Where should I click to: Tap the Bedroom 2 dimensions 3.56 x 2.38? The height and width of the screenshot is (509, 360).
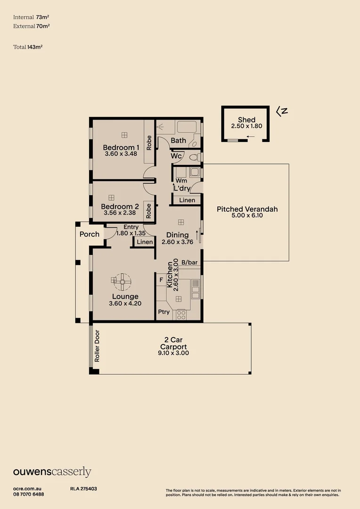[120, 213]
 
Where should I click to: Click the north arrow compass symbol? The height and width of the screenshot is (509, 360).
[282, 111]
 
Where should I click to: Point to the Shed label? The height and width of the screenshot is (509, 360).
[246, 120]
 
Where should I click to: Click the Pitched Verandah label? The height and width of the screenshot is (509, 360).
[247, 209]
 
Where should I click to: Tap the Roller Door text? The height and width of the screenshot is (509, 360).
[97, 349]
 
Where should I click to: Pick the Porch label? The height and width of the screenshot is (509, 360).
[90, 234]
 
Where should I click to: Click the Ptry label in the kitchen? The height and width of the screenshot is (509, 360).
[164, 312]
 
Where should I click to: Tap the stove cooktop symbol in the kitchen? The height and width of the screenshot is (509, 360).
[181, 315]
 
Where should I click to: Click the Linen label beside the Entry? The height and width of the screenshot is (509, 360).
[145, 242]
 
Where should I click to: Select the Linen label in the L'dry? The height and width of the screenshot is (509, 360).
[187, 200]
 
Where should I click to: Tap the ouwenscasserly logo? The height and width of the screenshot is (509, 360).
[52, 472]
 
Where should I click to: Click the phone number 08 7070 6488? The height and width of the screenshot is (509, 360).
[29, 494]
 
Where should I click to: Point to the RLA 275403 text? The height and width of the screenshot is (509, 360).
[83, 489]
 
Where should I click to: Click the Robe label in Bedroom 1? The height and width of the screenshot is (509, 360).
[149, 143]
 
